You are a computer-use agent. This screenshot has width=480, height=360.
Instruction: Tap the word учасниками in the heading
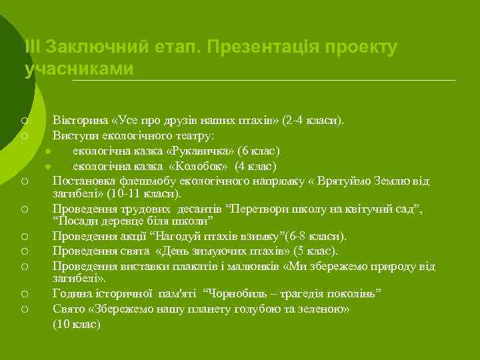point(79,69)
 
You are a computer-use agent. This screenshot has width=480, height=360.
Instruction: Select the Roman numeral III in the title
point(32,48)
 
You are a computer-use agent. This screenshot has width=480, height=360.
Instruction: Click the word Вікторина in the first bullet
point(81,121)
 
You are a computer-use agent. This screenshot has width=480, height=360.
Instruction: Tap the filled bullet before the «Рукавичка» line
point(48,151)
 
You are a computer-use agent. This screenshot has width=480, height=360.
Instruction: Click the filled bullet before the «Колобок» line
point(48,167)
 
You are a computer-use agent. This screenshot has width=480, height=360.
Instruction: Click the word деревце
point(126,221)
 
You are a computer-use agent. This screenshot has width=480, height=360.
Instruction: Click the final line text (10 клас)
point(77,324)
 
